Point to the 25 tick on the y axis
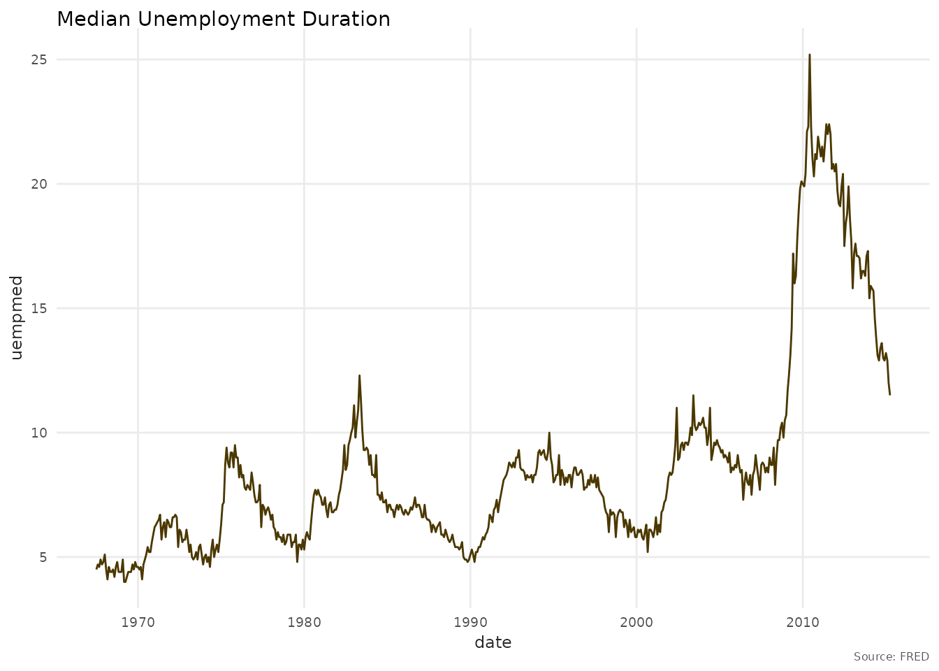(x=38, y=59)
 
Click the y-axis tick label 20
(x=38, y=184)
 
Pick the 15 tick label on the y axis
(x=38, y=308)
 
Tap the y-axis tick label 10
(x=38, y=433)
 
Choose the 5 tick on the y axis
(x=43, y=557)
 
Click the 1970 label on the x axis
(x=138, y=621)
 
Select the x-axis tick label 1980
(x=304, y=621)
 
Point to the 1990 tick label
(x=470, y=621)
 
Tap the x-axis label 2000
(x=636, y=621)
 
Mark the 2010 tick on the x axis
(x=803, y=621)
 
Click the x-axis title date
(x=493, y=642)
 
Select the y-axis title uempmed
(x=17, y=318)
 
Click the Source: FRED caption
(x=891, y=657)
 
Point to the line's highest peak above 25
(x=810, y=55)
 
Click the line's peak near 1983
(x=359, y=375)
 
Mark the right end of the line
(x=890, y=395)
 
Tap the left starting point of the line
(x=96, y=568)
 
